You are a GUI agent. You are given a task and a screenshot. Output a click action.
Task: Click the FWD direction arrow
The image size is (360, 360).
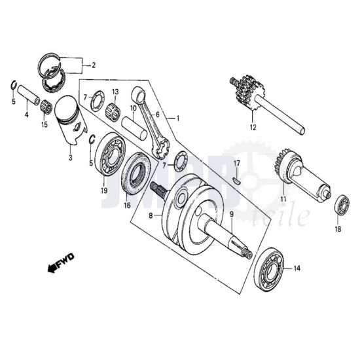click(x=61, y=264)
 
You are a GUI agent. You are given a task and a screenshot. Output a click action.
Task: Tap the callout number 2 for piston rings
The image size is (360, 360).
click(x=93, y=65)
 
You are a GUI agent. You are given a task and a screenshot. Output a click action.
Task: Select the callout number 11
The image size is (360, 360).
click(x=283, y=198)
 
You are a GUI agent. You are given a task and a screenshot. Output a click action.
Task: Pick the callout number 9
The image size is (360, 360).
click(x=231, y=213)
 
